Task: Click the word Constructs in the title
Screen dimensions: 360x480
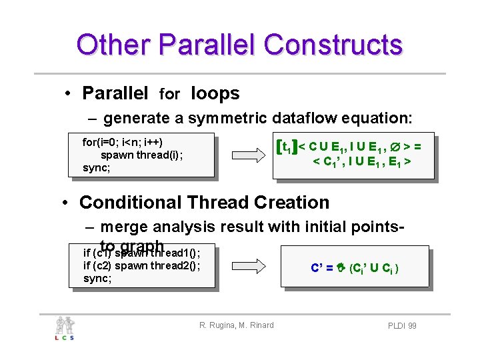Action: click(333, 45)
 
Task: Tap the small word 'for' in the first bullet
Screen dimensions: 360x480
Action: click(169, 95)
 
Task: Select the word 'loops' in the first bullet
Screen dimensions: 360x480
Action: click(215, 93)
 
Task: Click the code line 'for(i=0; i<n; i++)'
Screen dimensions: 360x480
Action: click(123, 142)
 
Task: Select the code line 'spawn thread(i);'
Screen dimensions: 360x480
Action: click(141, 155)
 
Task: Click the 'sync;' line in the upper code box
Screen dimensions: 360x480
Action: click(97, 167)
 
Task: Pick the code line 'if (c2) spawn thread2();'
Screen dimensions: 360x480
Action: click(141, 265)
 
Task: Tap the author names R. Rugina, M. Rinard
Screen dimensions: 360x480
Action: click(236, 325)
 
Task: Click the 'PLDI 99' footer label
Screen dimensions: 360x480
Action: click(402, 325)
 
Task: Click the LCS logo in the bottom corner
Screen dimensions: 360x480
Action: click(65, 328)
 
